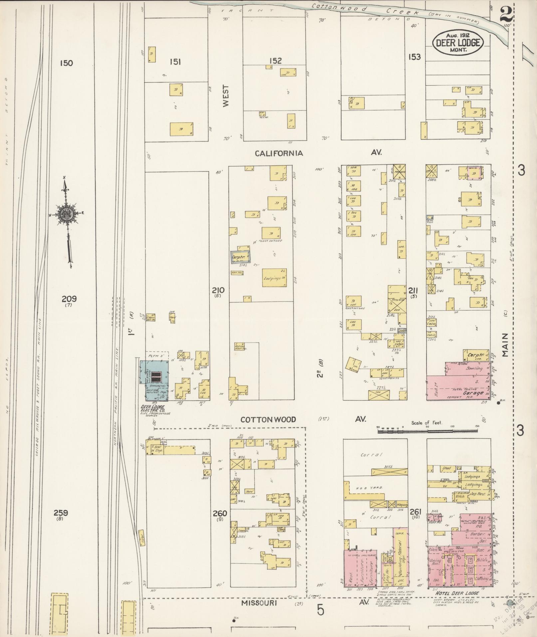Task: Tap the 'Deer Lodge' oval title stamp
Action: [x=458, y=42]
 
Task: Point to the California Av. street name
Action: [x=279, y=153]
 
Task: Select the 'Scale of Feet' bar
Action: [x=427, y=431]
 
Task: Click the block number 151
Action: [x=175, y=62]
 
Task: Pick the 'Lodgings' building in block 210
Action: [x=275, y=278]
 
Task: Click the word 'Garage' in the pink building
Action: [x=474, y=393]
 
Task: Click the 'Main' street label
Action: [x=506, y=345]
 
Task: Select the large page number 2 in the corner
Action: [x=507, y=13]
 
